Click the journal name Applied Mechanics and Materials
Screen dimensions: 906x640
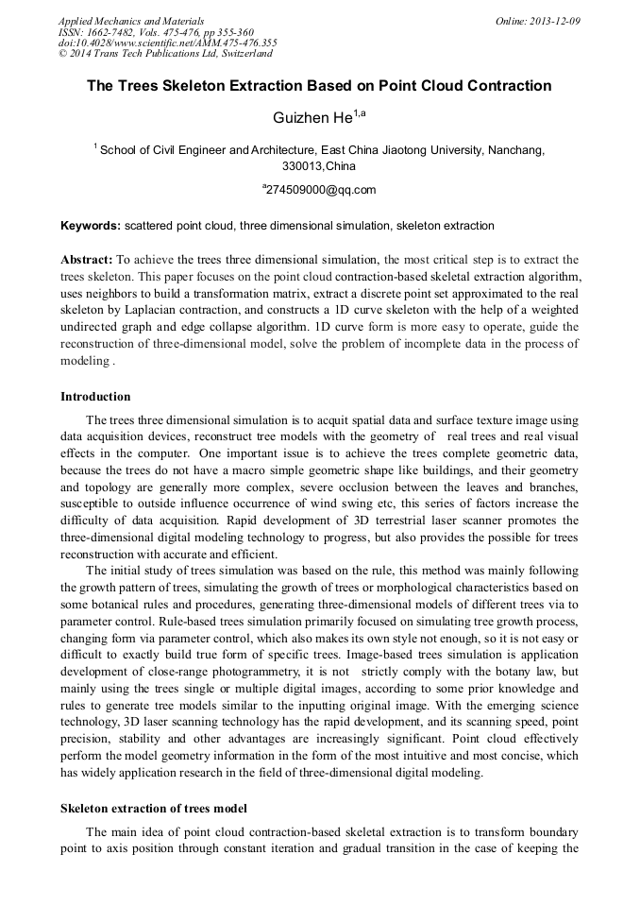[x=131, y=20]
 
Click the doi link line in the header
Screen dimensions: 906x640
[x=167, y=43]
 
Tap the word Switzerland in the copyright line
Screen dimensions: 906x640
[x=238, y=54]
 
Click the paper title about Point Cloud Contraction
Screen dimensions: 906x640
[x=319, y=86]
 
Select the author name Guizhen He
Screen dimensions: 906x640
[x=312, y=118]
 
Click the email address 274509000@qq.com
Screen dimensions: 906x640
[x=321, y=190]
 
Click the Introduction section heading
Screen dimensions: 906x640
[x=95, y=396]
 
